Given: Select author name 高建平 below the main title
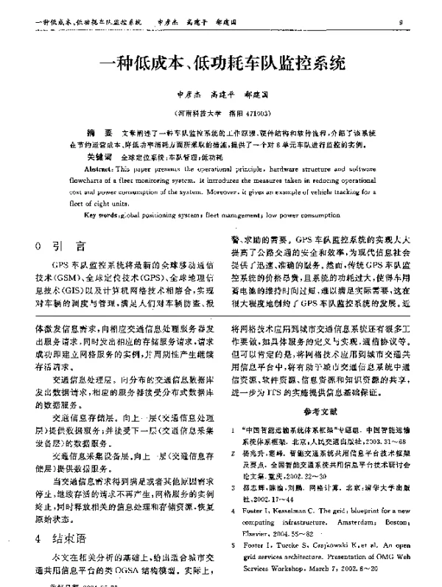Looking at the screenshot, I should coord(222,95).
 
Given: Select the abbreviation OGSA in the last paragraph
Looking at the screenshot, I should coord(133,572).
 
